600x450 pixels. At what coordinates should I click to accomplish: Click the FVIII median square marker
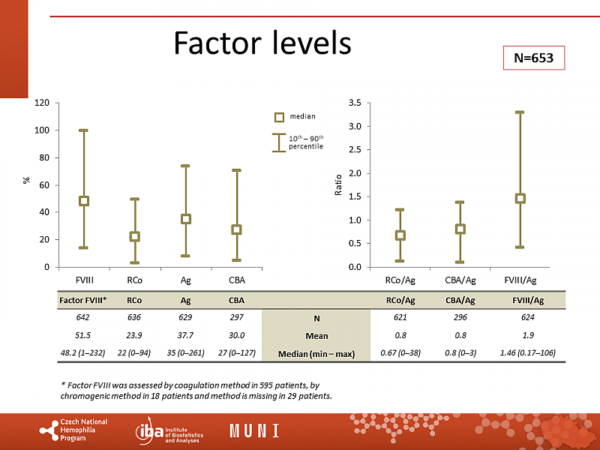click(84, 201)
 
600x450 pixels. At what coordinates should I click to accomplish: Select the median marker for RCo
click(135, 236)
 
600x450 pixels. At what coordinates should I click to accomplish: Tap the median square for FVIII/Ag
click(519, 199)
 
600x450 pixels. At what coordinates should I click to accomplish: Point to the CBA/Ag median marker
click(460, 229)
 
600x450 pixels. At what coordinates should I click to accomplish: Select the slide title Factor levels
click(262, 43)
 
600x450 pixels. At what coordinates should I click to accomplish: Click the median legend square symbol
click(279, 117)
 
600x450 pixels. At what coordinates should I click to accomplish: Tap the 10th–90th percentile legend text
click(306, 142)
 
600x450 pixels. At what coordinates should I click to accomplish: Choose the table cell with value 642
click(83, 319)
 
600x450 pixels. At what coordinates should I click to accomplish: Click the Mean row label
click(316, 336)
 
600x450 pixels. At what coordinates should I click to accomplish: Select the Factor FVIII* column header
click(83, 301)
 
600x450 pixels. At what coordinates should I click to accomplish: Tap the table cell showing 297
click(235, 319)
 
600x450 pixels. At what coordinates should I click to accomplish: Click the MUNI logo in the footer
click(254, 431)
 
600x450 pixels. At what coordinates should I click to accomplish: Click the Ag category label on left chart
click(186, 280)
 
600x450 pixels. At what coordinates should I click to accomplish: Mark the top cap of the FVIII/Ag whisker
click(519, 112)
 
